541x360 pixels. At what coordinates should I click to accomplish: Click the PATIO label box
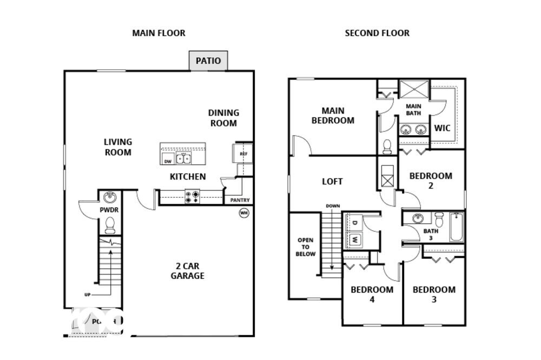coord(208,61)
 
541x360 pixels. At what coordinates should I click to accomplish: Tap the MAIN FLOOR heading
coord(159,33)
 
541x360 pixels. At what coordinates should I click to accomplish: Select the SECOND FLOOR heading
coord(377,33)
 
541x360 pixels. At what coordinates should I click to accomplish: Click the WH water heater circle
coord(244,212)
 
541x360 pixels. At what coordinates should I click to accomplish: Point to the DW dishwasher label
coord(168,161)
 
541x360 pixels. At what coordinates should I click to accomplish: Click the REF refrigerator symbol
coord(242,154)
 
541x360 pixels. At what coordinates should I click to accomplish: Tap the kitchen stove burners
coord(192,196)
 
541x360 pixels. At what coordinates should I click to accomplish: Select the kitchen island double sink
coord(184,158)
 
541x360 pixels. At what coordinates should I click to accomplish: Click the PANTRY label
coord(240,200)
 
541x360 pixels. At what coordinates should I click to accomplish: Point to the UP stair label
coord(87,295)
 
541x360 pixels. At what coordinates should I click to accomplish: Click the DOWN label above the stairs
coord(332,206)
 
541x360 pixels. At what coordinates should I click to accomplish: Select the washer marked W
coord(355,238)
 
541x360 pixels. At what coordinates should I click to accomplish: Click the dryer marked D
coord(355,223)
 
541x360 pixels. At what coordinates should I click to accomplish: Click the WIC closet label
coord(442,128)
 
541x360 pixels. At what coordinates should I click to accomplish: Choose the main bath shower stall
coord(414,89)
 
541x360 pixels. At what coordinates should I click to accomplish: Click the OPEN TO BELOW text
coord(306,247)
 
